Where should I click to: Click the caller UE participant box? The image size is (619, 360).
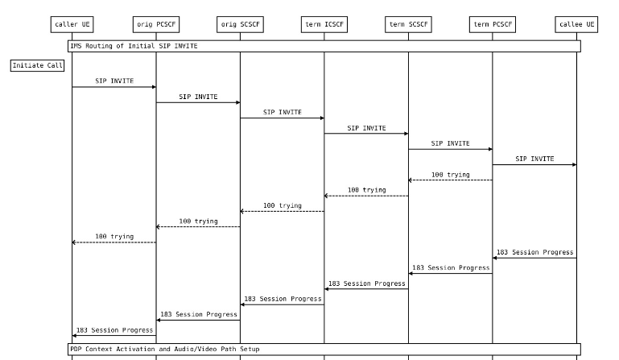[72, 24]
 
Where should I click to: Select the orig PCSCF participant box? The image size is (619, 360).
[156, 24]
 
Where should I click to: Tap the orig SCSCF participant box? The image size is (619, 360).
[240, 24]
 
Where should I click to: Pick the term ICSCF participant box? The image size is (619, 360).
[324, 24]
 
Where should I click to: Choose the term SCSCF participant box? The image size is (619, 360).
[408, 24]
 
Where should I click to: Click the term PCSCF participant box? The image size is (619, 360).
[493, 24]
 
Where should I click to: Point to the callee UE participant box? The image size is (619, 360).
[576, 24]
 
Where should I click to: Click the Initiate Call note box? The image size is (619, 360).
[38, 65]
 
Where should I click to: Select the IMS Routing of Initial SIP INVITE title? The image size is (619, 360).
[134, 46]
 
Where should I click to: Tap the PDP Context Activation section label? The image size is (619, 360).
[165, 349]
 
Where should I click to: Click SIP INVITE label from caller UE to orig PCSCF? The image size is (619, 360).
[114, 81]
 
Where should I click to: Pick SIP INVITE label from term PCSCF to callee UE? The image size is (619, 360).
[534, 159]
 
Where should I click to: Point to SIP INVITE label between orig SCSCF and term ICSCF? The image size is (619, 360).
[283, 112]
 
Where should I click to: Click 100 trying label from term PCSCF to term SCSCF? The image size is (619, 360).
[451, 174]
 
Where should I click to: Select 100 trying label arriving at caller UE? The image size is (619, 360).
[114, 236]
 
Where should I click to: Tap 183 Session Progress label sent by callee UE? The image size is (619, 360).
[534, 252]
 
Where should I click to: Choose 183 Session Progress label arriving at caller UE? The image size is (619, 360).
[114, 330]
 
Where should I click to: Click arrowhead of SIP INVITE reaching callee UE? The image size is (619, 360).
[575, 165]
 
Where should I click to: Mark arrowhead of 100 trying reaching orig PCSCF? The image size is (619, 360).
[158, 227]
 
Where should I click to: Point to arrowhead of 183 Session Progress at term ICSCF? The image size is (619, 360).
[326, 289]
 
